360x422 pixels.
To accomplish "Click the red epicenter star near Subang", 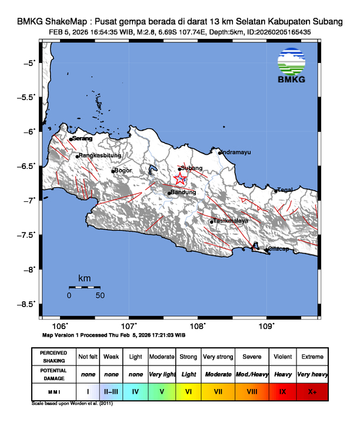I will tap(180, 180).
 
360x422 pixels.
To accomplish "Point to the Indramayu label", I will tap(236, 152).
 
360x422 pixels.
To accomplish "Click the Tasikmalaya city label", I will tap(231, 221).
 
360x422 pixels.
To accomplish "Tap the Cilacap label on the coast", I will tap(278, 249).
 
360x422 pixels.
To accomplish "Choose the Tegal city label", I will tap(285, 190).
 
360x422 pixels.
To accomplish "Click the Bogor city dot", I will tap(113, 171).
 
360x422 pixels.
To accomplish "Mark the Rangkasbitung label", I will tap(100, 155).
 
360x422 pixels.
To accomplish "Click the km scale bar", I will tap(84, 287).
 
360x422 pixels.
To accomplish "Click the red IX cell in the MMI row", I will tap(282, 390).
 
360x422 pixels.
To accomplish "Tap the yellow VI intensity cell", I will tap(188, 390).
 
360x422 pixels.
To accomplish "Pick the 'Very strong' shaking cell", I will tap(218, 357).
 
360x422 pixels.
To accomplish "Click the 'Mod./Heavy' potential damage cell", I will tap(251, 374).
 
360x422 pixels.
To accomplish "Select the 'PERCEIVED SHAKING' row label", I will tap(54, 357).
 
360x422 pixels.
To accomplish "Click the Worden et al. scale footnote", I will tap(72, 404).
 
